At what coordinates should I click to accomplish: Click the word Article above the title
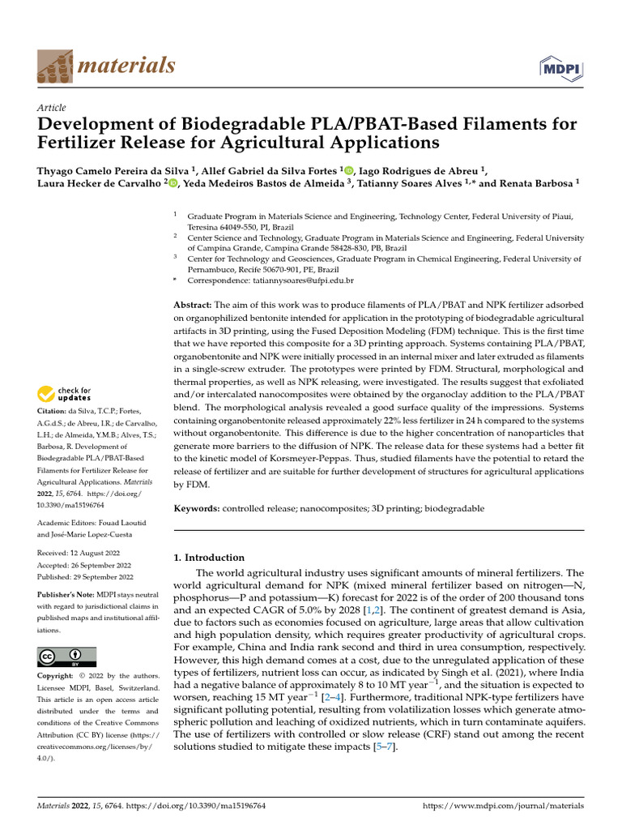52,108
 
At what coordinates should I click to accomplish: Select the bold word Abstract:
193,304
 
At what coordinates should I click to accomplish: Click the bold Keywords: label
198,508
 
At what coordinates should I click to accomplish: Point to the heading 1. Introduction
210,558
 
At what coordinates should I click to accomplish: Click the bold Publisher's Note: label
70,594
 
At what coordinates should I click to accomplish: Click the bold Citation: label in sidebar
54,413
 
